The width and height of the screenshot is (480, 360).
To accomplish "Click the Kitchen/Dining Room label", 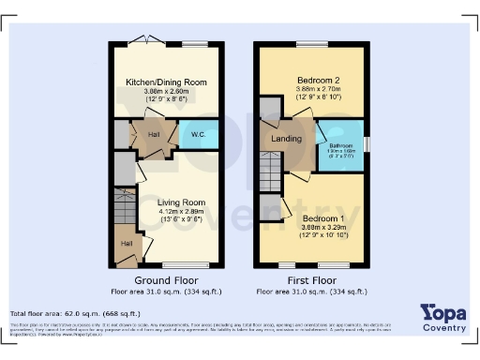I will tap(167, 82).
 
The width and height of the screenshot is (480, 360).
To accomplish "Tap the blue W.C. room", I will tap(200, 134).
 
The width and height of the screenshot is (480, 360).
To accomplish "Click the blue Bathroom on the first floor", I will tap(340, 146).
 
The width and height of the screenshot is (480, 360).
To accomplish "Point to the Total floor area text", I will tap(75, 313).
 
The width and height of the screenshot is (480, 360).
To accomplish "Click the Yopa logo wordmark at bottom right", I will tap(444, 312).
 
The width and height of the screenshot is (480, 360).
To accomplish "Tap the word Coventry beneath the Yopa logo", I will tap(444, 327).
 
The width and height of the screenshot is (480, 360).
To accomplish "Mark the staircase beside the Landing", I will tap(270, 172).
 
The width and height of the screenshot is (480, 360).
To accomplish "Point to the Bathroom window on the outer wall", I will tap(367, 144).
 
